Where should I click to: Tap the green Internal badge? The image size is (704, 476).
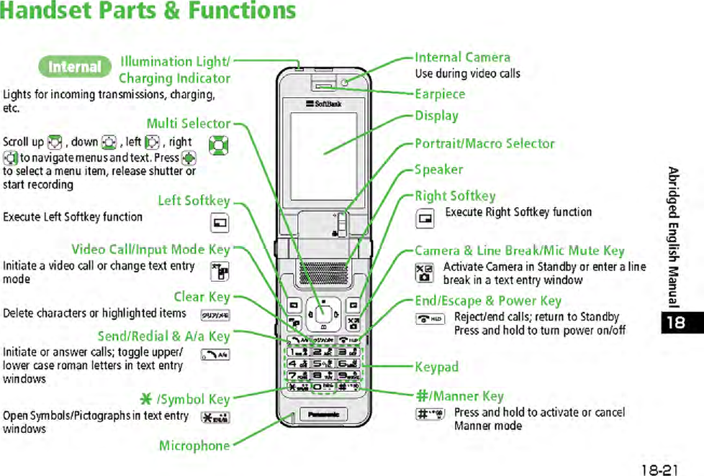(x=74, y=67)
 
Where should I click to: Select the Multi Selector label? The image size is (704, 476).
(x=189, y=124)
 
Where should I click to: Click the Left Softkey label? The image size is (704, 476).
(x=194, y=201)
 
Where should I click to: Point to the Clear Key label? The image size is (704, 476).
(x=202, y=297)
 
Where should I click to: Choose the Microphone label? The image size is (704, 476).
(x=194, y=446)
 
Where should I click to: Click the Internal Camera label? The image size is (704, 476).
(x=463, y=58)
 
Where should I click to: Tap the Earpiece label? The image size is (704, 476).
(x=440, y=94)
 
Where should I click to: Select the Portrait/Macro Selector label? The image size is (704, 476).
(x=484, y=144)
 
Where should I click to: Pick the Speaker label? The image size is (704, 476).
(x=438, y=170)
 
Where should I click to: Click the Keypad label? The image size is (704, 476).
(x=436, y=367)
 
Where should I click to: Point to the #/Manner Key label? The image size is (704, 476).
(x=459, y=396)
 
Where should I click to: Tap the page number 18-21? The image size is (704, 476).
(x=659, y=469)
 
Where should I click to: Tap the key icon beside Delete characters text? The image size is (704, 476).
(x=209, y=314)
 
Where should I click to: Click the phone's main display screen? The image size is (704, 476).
(x=323, y=155)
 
